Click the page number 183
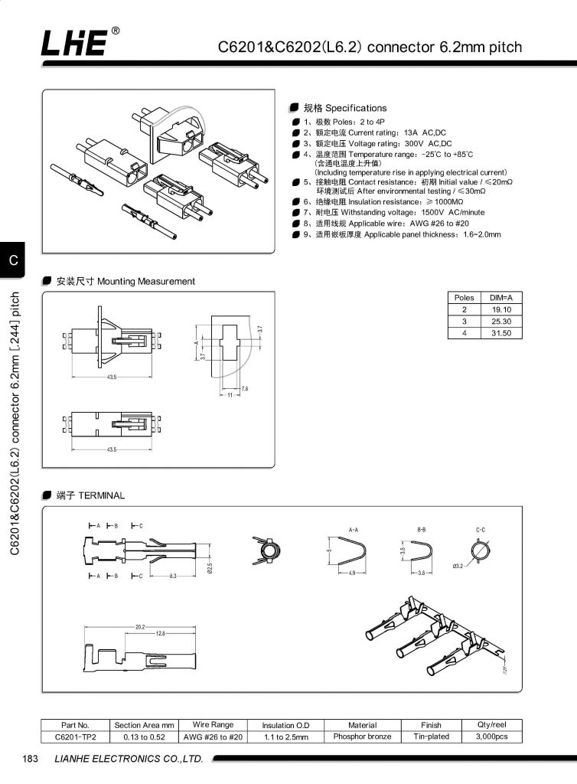31,759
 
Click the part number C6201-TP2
75,737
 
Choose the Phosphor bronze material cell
362,737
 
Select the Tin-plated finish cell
431,737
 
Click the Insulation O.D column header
285,725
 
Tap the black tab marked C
13,260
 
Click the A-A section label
354,529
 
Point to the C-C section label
481,529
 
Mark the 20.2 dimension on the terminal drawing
140,627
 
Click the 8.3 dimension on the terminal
174,575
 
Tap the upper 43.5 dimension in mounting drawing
112,377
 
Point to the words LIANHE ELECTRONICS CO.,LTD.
128,759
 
